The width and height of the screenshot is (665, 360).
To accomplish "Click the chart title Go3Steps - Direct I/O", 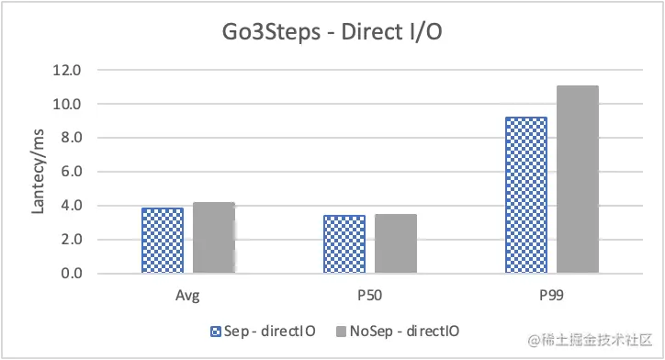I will tap(332, 34).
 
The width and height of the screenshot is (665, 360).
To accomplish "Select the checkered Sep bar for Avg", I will tap(163, 241).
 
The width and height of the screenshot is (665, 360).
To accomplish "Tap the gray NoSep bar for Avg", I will tap(214, 238).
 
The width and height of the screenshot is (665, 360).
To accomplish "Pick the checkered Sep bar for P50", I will tap(344, 244).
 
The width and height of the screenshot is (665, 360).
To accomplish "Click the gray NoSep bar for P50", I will tap(396, 243).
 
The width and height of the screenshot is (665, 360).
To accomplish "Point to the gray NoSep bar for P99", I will tap(578, 179).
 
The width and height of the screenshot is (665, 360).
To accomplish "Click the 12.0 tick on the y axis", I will tap(69, 70).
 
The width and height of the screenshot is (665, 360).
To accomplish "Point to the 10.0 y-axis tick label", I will tap(69, 104).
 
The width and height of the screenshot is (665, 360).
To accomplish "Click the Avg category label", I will tap(188, 297).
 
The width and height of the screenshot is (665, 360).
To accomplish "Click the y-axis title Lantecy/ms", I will tap(39, 172).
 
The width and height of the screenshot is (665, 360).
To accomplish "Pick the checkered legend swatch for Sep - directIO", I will tap(217, 331).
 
